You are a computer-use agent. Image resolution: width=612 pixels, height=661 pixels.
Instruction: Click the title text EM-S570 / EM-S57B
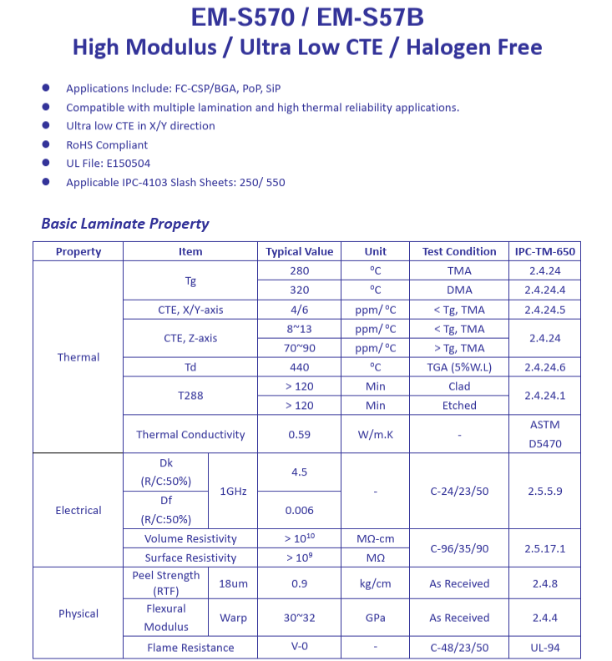click(306, 18)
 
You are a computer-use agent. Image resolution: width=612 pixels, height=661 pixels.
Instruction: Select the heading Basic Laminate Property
click(124, 224)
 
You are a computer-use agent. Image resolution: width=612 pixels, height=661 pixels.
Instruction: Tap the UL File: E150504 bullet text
click(108, 164)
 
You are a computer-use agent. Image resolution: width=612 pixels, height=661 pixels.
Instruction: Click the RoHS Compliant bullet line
click(107, 145)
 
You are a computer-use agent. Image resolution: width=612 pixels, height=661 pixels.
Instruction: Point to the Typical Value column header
click(299, 251)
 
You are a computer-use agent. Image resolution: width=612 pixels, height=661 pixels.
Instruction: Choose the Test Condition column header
click(459, 251)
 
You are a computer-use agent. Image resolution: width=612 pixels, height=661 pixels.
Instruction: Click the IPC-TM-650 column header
click(545, 251)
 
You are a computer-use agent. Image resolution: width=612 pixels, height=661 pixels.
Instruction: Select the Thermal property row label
click(78, 357)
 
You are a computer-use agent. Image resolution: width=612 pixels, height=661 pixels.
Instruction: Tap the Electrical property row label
click(78, 510)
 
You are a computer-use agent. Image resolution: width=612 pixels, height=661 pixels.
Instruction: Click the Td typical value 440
click(299, 367)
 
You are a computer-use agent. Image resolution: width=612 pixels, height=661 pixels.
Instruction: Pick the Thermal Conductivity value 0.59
click(299, 434)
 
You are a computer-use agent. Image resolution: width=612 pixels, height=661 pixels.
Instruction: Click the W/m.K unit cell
click(375, 434)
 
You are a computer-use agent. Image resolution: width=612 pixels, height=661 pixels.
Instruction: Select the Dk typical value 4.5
click(299, 472)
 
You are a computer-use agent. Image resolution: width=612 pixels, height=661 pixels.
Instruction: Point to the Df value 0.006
click(299, 510)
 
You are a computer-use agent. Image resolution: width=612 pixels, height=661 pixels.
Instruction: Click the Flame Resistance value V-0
click(299, 648)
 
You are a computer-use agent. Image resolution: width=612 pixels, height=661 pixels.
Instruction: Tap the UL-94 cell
click(545, 648)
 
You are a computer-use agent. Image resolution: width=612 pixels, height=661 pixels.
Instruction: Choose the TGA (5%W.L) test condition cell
click(459, 367)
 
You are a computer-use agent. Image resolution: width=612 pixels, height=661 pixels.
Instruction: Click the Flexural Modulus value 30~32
click(299, 618)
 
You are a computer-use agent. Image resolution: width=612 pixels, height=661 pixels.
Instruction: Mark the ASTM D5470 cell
click(545, 434)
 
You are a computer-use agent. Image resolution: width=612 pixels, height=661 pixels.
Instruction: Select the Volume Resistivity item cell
click(190, 539)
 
